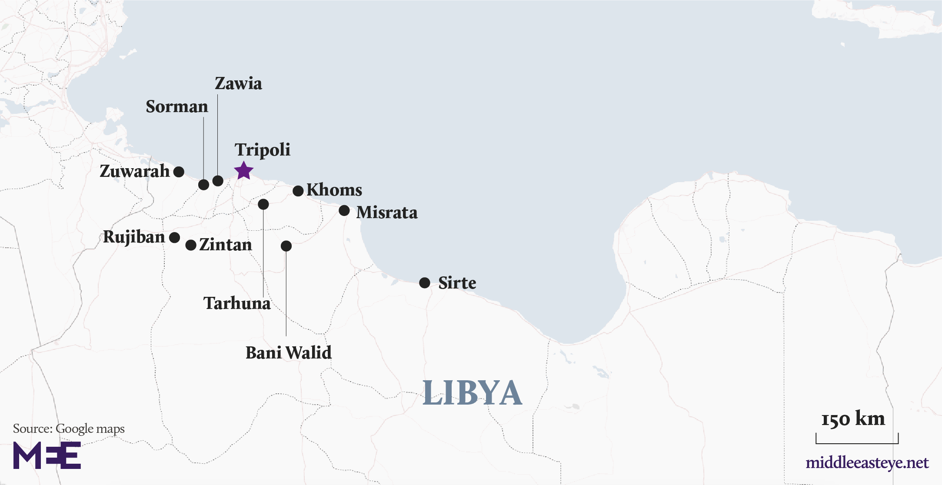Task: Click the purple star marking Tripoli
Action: pos(243,170)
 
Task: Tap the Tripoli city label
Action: pos(262,150)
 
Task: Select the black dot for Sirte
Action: pos(425,283)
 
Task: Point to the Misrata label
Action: pos(386,213)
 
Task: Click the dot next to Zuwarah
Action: pos(179,172)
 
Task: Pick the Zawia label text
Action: pos(238,83)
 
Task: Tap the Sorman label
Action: pos(176,107)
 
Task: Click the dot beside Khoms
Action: pos(298,191)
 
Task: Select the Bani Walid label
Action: pos(288,352)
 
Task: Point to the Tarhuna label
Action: pos(237,303)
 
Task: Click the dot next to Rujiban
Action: pos(174,238)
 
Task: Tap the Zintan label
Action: pos(225,245)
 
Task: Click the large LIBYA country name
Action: pos(472,393)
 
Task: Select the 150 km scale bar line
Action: pos(857,443)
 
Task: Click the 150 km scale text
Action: pos(853,419)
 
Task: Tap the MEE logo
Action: pos(47,455)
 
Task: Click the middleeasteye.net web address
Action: pos(867,463)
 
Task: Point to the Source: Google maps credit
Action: pos(69,429)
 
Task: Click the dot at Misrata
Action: pos(344,211)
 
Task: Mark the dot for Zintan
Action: pos(191,245)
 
